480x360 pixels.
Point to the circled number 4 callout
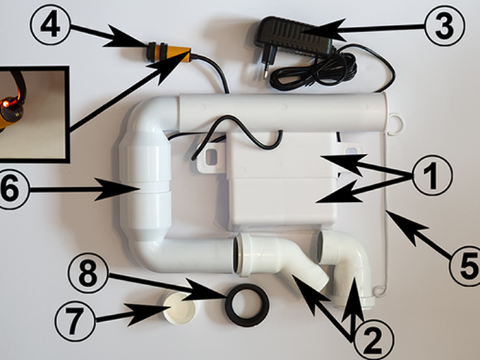tap(50, 27)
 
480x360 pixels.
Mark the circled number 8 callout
tap(88, 275)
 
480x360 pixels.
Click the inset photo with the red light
tap(32, 113)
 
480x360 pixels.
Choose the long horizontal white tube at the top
tap(282, 112)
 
